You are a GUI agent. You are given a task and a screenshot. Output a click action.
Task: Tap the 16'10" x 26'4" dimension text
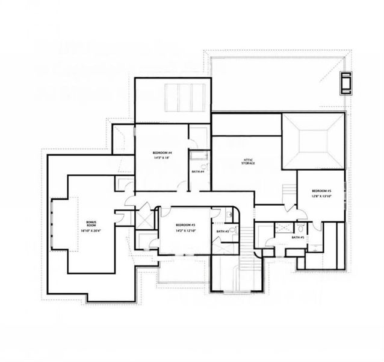pos(91,230)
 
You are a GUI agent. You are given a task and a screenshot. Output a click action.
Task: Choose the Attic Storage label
pos(247,161)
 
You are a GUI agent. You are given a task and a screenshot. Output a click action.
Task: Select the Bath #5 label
pos(297,238)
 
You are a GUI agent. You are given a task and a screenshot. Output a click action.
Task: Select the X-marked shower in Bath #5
pos(280,228)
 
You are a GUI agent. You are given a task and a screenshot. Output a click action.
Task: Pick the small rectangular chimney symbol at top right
pos(345,83)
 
